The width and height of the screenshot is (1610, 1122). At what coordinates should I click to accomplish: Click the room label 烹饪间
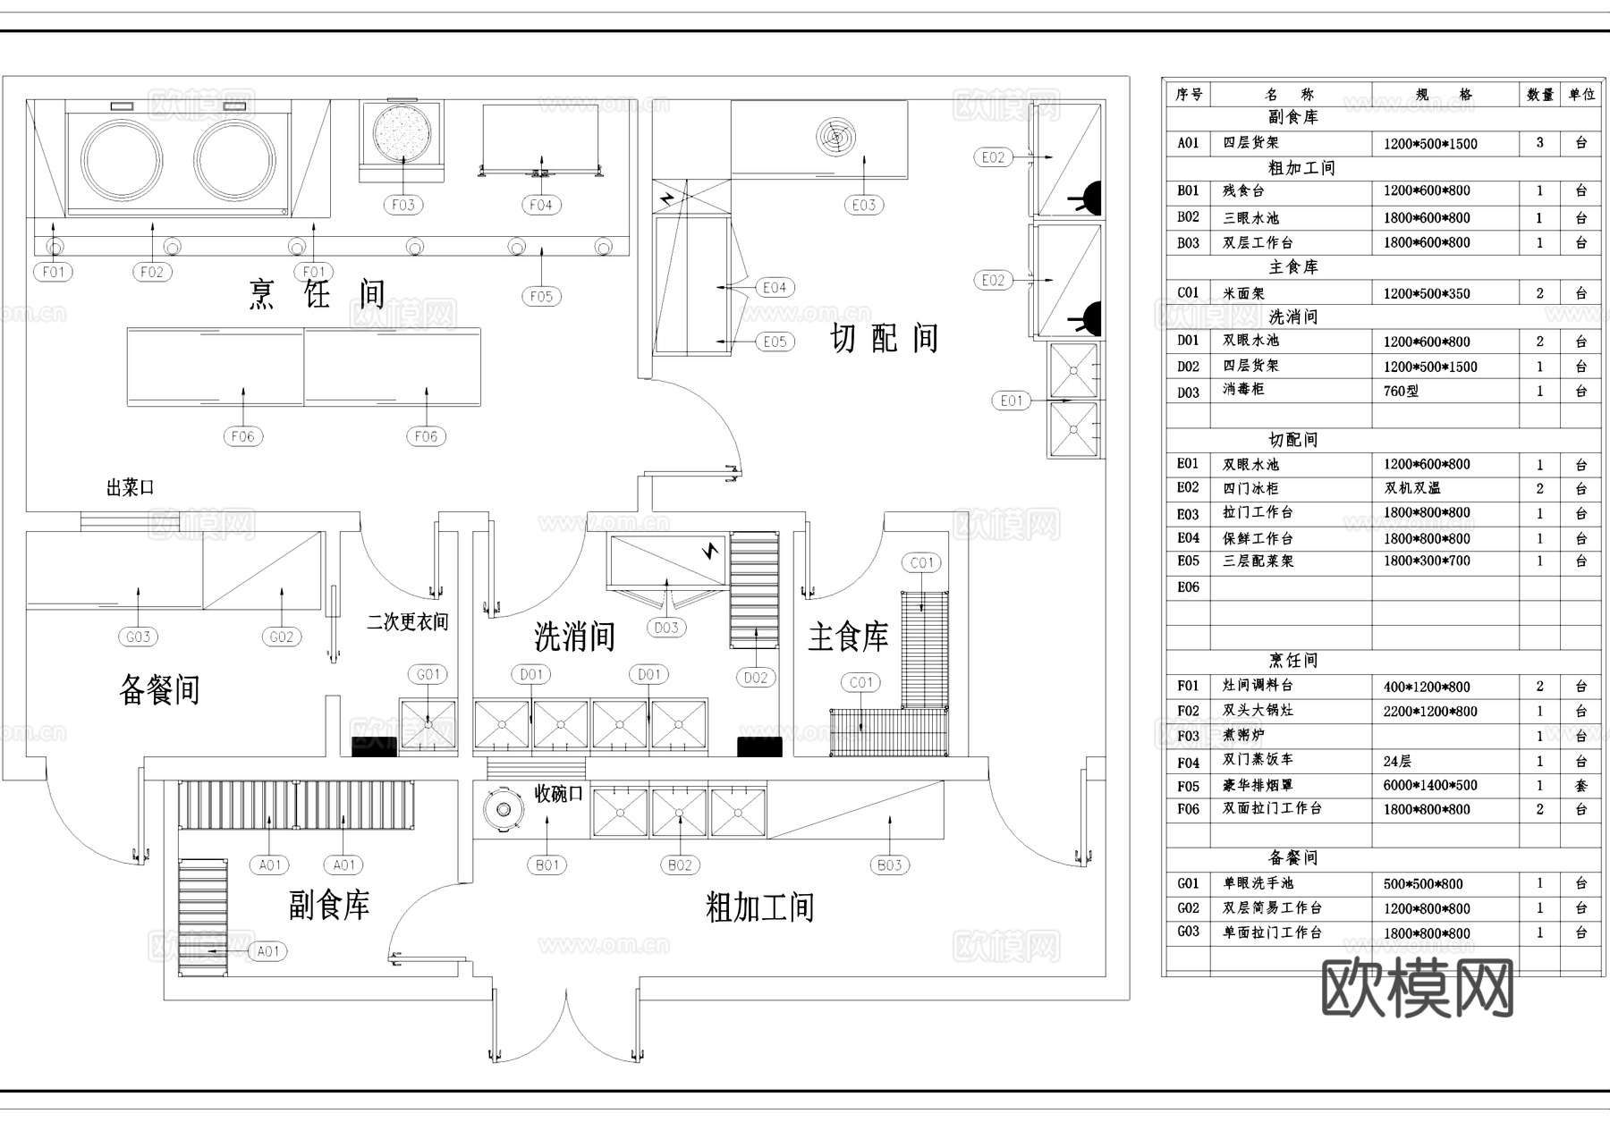tap(318, 294)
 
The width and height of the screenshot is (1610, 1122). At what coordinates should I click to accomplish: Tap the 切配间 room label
tap(884, 339)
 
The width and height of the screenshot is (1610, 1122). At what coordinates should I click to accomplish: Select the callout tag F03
tap(403, 205)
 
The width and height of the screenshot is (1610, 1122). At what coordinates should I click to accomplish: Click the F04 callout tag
tap(541, 205)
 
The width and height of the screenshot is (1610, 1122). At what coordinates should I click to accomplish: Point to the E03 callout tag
tap(863, 205)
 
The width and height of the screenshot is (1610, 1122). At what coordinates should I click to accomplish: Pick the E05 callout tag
tap(775, 342)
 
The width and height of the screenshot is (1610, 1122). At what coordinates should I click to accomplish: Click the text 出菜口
tap(131, 488)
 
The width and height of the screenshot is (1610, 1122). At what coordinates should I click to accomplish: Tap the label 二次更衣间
tap(408, 622)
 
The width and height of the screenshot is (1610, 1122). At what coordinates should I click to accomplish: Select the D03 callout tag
tap(666, 628)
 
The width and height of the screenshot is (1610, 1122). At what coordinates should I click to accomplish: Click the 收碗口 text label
tap(558, 794)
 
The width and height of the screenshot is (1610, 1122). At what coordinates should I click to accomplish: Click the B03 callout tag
tap(889, 865)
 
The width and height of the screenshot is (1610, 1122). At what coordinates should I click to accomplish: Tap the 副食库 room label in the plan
tap(329, 906)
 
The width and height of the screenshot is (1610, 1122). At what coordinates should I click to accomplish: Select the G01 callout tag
tap(428, 674)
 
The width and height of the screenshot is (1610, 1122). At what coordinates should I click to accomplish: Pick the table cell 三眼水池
tap(1251, 217)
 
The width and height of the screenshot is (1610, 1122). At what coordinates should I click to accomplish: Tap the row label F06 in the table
tap(1188, 809)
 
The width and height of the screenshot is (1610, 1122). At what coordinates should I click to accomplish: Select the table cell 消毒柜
tap(1243, 390)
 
